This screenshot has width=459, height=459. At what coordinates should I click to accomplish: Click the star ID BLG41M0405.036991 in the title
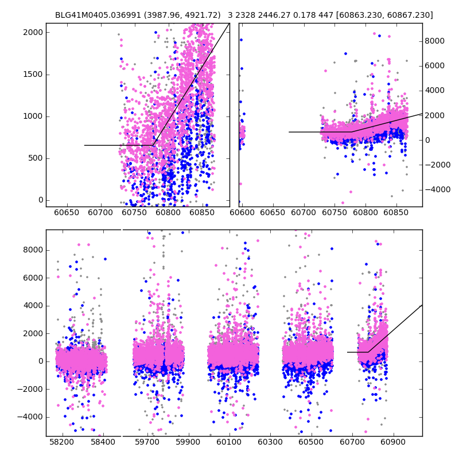pos(95,15)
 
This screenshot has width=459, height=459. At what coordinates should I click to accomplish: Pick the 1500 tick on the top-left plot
pos(33,74)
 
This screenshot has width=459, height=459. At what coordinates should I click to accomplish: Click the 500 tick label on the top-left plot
pos(35,158)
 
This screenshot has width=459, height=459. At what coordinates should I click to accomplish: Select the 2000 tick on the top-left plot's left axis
pos(33,32)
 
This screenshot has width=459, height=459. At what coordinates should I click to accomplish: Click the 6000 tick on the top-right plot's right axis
pos(435,65)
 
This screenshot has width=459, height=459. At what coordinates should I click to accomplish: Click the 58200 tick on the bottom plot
pos(61,443)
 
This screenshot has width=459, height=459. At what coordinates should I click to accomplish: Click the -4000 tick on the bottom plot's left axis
pos(31,417)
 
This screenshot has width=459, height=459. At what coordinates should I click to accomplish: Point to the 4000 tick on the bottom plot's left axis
pos(33,305)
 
